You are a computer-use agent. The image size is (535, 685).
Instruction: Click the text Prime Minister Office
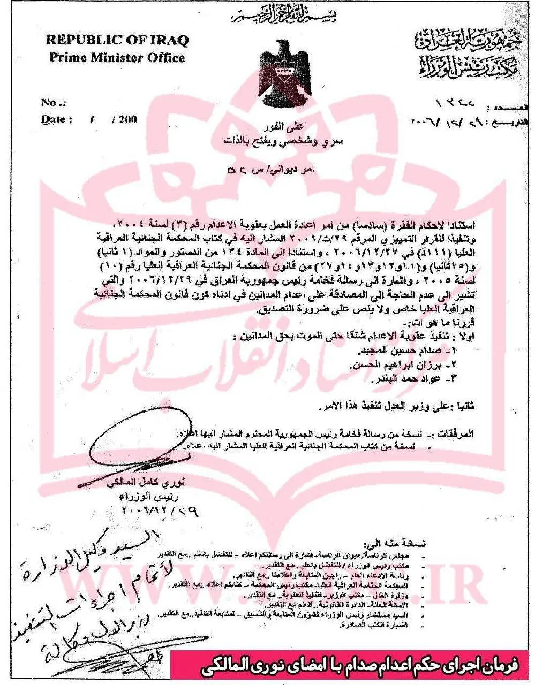coord(117,58)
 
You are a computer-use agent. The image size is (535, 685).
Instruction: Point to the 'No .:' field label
coord(55,103)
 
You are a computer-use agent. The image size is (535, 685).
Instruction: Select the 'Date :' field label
coord(56,119)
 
